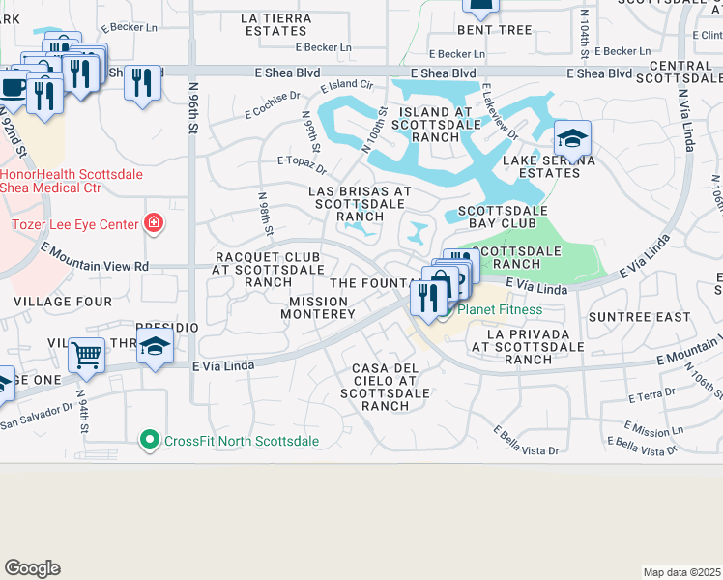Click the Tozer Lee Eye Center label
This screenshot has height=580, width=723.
70,224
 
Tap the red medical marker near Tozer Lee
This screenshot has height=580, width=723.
153,224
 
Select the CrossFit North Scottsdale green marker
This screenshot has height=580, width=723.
148,441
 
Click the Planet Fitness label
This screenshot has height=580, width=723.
499,310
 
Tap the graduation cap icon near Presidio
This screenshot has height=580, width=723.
155,347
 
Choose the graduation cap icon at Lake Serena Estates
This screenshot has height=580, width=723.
572,137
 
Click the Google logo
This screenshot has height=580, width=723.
32,568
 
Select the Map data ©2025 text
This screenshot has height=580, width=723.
681,572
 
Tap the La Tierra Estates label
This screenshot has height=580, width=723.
277,24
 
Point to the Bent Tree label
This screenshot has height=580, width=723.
502,30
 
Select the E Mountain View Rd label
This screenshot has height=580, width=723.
95,257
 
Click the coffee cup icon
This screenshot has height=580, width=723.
14,87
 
